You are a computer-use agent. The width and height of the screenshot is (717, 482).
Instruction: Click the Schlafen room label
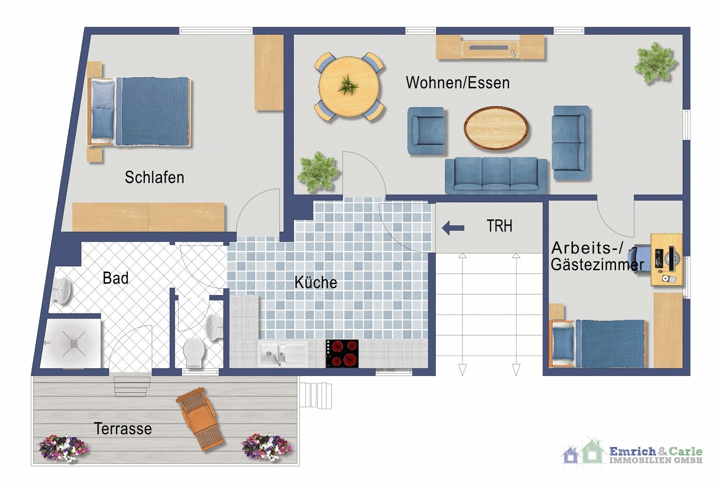pos(154,178)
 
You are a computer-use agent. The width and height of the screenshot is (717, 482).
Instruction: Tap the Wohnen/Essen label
pos(457,83)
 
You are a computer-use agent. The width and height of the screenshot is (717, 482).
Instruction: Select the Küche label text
pos(316,282)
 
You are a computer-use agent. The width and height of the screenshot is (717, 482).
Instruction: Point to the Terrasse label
pos(122,429)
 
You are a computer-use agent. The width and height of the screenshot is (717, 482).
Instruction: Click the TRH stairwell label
pos(499,226)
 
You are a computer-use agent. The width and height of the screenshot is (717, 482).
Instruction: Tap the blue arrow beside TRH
pos(453,228)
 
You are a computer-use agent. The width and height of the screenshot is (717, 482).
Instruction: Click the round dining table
pos(349,87)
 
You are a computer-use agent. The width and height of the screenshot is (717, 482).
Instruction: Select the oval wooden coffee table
pos(496,128)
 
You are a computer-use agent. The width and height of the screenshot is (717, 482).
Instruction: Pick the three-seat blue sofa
pos(496,175)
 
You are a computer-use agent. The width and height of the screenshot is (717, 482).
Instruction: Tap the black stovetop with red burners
pos(342,353)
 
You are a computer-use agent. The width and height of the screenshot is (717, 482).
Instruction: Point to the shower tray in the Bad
pos(71,343)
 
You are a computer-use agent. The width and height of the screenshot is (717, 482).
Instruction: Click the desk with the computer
pos(666,260)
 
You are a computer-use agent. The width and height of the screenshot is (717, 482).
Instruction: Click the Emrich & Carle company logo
pos(631,452)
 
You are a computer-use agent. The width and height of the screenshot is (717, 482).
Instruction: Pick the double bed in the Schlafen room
pos(139,111)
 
